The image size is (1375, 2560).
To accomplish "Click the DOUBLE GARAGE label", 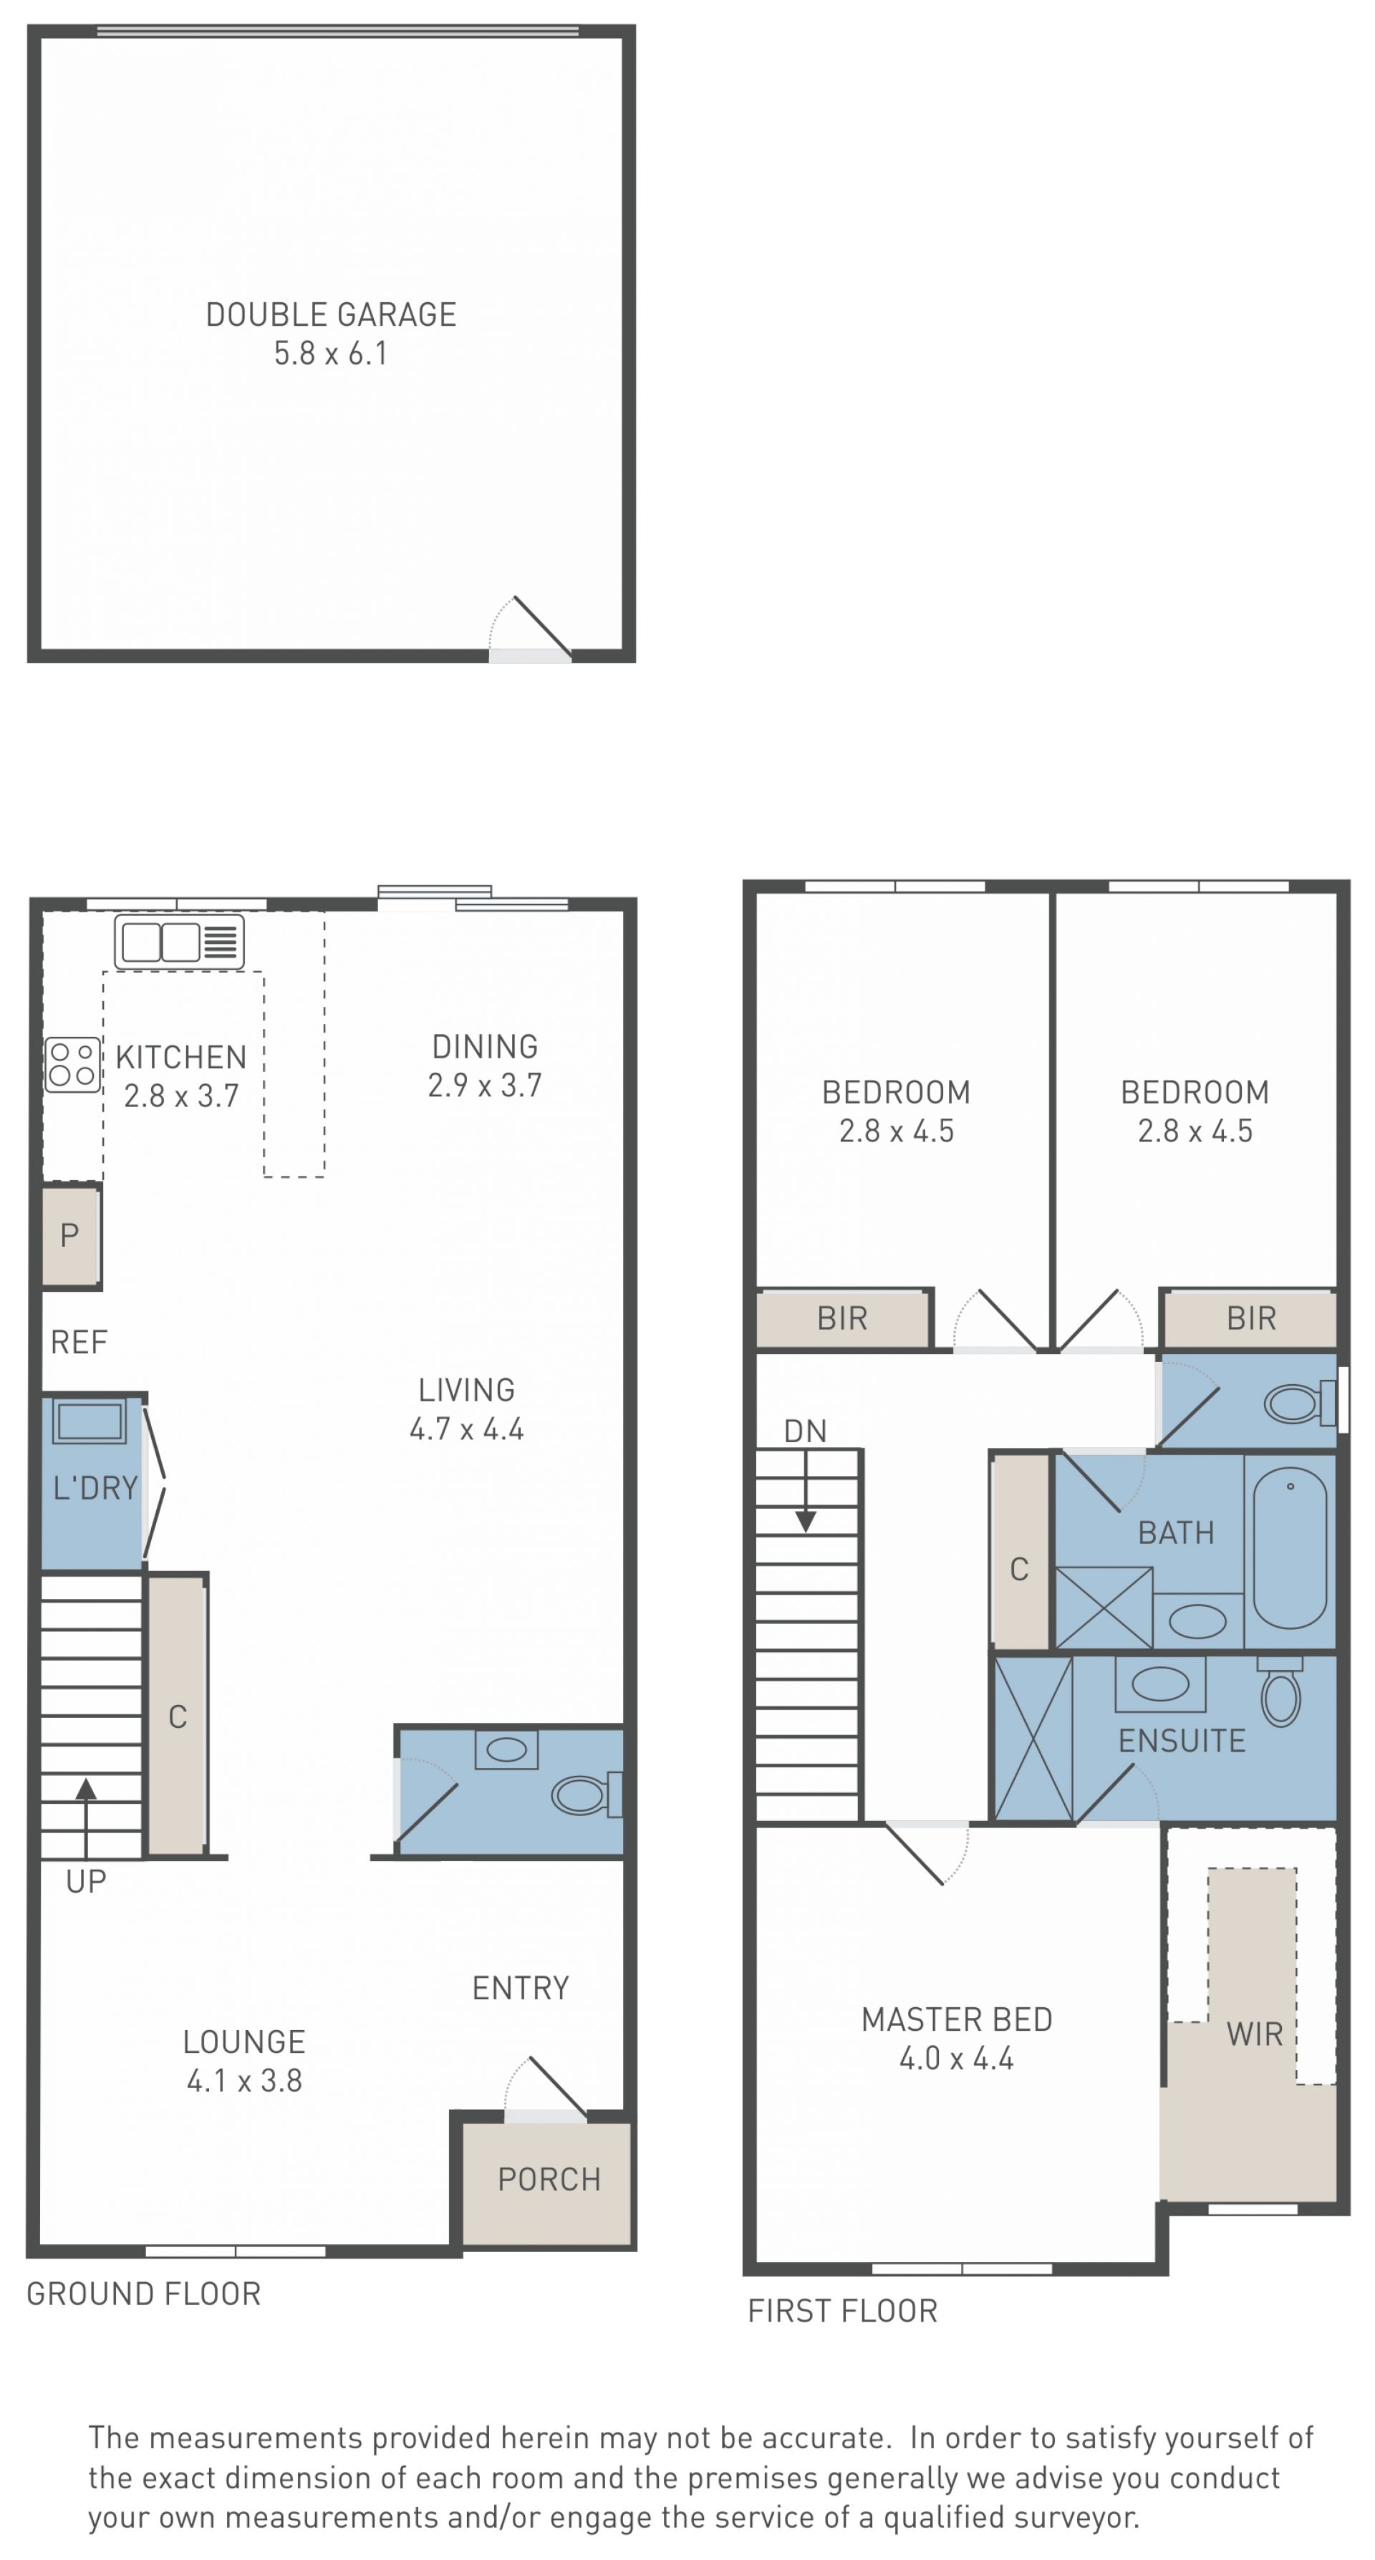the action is (331, 314).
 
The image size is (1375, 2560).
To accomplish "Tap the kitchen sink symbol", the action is (179, 941).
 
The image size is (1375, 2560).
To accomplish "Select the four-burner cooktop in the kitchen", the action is (72, 1064).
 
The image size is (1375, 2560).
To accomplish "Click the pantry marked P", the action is (69, 1235).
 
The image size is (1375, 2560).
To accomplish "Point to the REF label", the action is (79, 1343).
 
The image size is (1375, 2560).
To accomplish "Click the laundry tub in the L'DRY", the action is (90, 1421).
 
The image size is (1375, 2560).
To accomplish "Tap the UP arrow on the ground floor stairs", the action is (87, 1817).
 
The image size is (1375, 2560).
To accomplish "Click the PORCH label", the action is (549, 2179).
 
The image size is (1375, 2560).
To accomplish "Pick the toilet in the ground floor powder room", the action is (587, 1795).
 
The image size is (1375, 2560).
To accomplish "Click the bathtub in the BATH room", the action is (1290, 1548).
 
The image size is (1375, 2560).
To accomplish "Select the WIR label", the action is (1255, 2034).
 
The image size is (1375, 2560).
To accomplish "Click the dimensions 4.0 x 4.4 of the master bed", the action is (957, 2058).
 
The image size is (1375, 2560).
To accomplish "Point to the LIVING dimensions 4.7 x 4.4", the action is (466, 1429).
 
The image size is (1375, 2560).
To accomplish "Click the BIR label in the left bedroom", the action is (842, 1319).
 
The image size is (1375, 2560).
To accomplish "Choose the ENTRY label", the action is (520, 1988).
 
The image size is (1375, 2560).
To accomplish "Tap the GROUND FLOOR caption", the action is (144, 2294).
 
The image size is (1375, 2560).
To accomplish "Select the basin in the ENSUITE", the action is (1160, 1684).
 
